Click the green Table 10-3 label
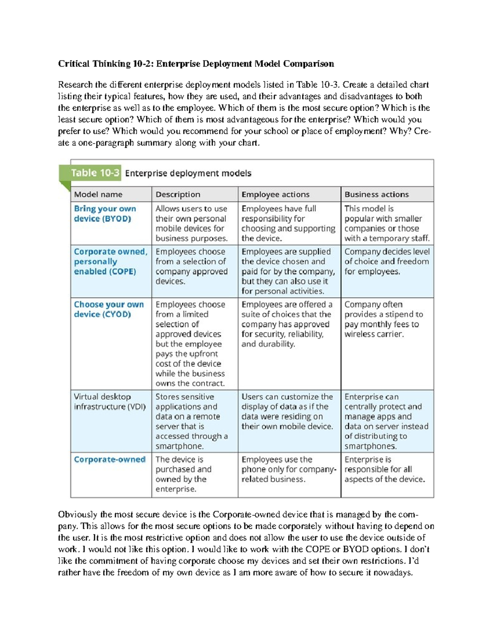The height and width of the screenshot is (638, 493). click(x=95, y=173)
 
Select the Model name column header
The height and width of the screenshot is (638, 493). click(x=98, y=194)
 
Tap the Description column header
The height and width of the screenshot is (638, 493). click(x=178, y=194)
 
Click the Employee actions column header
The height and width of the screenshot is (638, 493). click(x=275, y=194)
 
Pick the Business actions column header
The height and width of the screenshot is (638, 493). click(x=376, y=194)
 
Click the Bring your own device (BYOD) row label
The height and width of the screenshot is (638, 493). click(x=105, y=214)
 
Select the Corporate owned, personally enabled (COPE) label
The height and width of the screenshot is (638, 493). click(x=110, y=261)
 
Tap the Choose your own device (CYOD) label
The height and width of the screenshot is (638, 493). click(x=109, y=309)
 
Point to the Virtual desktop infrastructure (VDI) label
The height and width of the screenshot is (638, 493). click(x=109, y=401)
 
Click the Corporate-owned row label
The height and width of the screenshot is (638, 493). click(x=109, y=459)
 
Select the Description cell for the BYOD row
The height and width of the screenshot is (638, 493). click(x=191, y=223)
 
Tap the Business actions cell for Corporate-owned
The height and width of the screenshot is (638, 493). click(x=385, y=469)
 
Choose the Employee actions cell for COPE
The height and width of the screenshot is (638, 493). click(x=288, y=271)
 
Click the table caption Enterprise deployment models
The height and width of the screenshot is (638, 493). click(x=188, y=173)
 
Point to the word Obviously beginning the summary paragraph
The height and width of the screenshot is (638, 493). click(x=78, y=514)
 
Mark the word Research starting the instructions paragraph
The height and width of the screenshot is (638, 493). click(x=75, y=85)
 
